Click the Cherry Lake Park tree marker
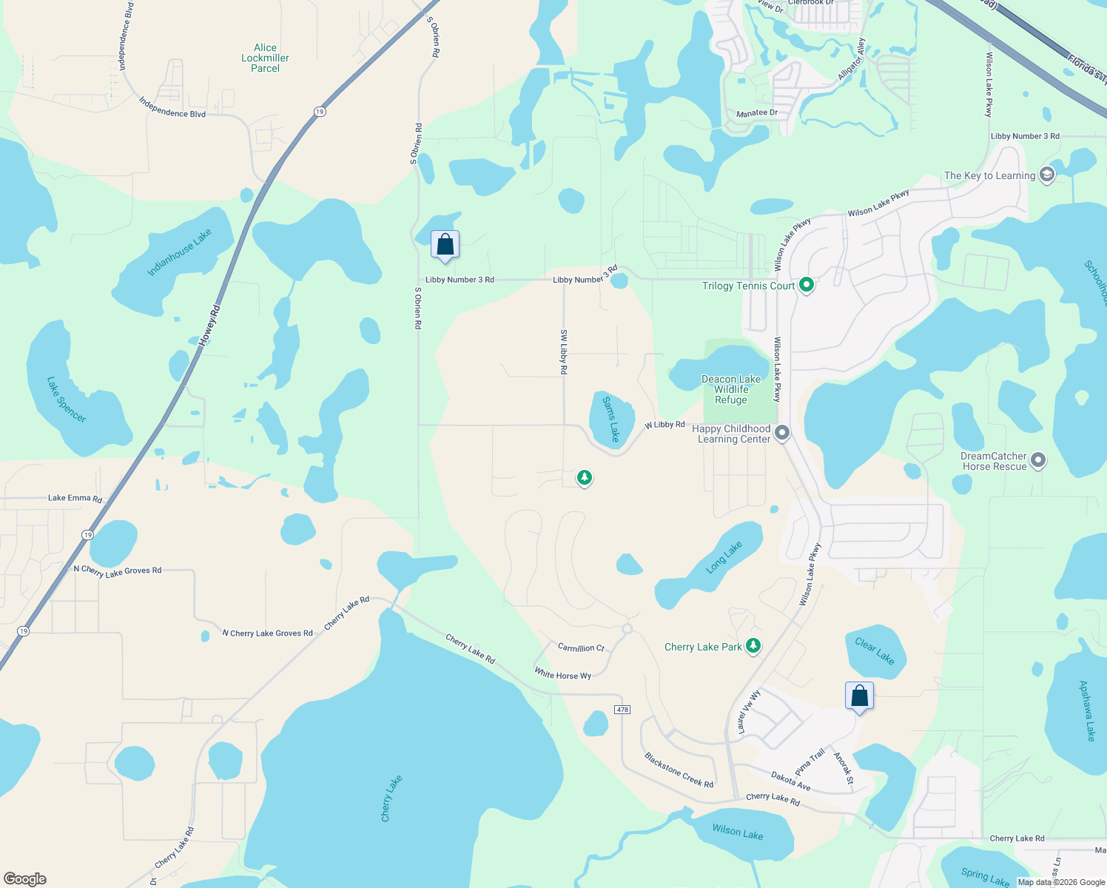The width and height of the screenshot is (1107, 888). click(x=753, y=646)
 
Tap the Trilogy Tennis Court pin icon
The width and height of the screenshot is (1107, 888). click(x=807, y=285)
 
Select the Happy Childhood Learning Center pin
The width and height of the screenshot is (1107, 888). click(x=782, y=433)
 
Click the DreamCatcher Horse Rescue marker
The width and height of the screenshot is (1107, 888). click(x=1038, y=460)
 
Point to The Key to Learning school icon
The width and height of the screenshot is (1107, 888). click(x=1046, y=175)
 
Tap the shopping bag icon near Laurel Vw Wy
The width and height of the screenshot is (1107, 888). click(x=859, y=696)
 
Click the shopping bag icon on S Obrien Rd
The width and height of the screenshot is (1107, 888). click(x=445, y=244)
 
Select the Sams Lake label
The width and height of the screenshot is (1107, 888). click(x=610, y=420)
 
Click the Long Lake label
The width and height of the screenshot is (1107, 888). click(x=724, y=557)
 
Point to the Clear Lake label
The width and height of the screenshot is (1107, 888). click(x=875, y=651)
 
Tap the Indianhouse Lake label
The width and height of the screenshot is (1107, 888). click(x=179, y=252)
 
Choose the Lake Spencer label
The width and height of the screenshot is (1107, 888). click(x=67, y=400)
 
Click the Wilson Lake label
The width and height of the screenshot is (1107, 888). click(x=737, y=832)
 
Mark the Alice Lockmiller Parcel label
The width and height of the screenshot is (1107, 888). click(x=265, y=58)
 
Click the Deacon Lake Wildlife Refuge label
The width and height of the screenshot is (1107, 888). click(x=731, y=389)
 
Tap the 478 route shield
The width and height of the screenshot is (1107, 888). click(x=622, y=710)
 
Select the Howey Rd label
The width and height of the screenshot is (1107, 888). click(x=210, y=326)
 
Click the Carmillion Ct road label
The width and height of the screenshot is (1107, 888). click(x=581, y=647)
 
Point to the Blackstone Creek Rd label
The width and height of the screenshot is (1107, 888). click(x=679, y=770)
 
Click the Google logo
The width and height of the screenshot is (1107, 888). click(x=25, y=879)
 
